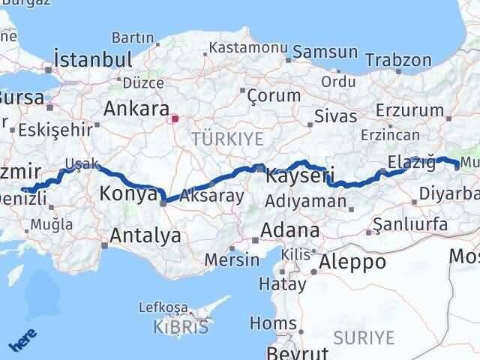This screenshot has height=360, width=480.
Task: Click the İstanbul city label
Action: pyautogui.click(x=94, y=59)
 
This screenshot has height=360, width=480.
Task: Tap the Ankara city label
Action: pyautogui.click(x=136, y=109)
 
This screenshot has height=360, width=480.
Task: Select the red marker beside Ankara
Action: pyautogui.click(x=175, y=118)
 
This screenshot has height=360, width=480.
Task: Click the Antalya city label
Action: pyautogui.click(x=145, y=235)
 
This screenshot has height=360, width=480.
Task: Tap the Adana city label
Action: pyautogui.click(x=290, y=230)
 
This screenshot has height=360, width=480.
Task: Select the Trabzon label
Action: pyautogui.click(x=405, y=60)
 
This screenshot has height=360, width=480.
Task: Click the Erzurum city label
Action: pyautogui.click(x=410, y=110)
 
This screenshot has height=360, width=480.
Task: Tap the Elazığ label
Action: pyautogui.click(x=407, y=160)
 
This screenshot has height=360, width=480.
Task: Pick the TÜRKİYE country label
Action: pyautogui.click(x=227, y=139)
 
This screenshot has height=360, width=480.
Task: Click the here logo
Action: pyautogui.click(x=22, y=342)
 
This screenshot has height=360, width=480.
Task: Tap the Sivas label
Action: pyautogui.click(x=330, y=116)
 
